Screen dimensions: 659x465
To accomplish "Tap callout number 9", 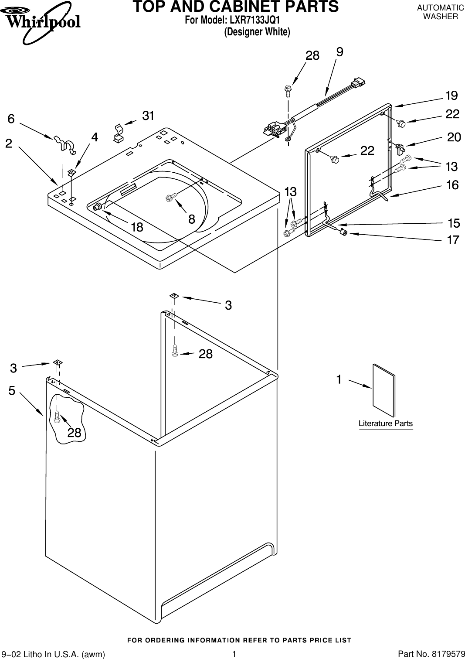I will (339, 52).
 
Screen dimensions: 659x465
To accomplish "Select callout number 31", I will (148, 116).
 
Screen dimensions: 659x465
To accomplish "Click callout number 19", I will (451, 95).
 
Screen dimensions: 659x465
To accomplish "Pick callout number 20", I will (454, 137).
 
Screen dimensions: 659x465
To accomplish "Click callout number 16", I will (452, 185).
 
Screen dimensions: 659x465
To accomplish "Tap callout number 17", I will (453, 240).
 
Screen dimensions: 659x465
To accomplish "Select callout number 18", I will (136, 227).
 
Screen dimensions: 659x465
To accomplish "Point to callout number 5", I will (11, 391).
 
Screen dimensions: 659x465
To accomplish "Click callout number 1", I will (339, 380).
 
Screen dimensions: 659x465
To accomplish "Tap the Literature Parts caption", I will (385, 423).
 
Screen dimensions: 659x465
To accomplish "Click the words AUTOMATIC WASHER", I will (440, 12).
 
